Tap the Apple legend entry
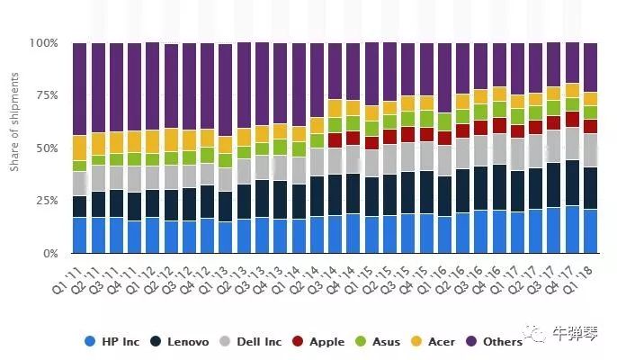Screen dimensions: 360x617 tap(319, 341)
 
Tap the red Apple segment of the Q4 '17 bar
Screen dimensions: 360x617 tap(572, 119)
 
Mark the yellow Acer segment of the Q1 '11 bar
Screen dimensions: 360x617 tap(80, 148)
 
